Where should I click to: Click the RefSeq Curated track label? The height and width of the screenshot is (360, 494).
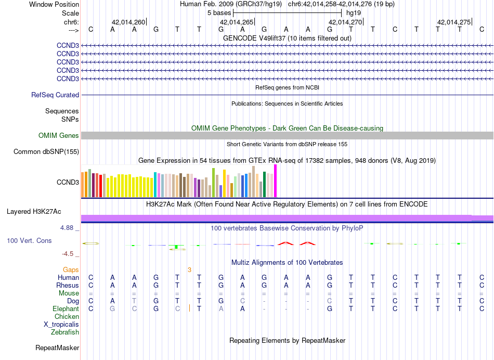(55, 95)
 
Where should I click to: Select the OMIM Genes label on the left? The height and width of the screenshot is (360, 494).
(59, 136)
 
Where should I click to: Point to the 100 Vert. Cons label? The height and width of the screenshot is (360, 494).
(29, 241)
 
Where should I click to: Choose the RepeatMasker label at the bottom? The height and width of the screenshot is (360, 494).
(57, 348)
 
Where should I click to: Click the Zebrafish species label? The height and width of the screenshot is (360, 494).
(65, 332)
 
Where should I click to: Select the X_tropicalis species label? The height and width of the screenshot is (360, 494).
(61, 325)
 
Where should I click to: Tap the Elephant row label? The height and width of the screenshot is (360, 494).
(66, 309)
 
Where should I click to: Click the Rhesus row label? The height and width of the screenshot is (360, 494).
(68, 286)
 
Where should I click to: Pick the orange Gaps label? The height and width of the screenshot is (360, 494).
(71, 270)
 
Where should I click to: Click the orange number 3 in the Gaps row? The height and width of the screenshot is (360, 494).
(190, 270)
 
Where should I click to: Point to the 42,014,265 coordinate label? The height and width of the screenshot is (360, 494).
(237, 22)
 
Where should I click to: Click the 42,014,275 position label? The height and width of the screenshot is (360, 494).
(454, 22)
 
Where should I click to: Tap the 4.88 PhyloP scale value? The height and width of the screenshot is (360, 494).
(69, 228)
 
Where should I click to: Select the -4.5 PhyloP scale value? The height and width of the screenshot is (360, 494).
(71, 254)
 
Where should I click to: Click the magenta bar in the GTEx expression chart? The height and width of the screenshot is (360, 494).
(276, 181)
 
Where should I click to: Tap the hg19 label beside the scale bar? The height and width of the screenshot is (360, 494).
(354, 12)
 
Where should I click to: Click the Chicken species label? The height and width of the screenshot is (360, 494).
(67, 317)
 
